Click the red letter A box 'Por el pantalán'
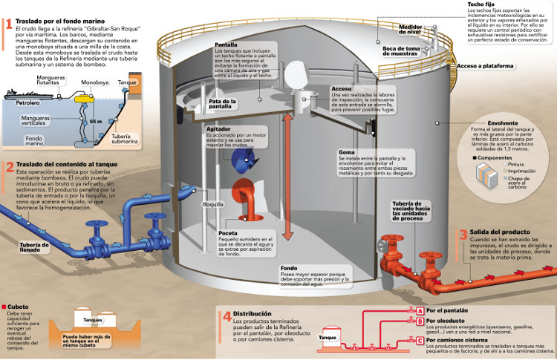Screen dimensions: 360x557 click(420, 310)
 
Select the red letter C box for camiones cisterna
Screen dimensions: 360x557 click(420, 341)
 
